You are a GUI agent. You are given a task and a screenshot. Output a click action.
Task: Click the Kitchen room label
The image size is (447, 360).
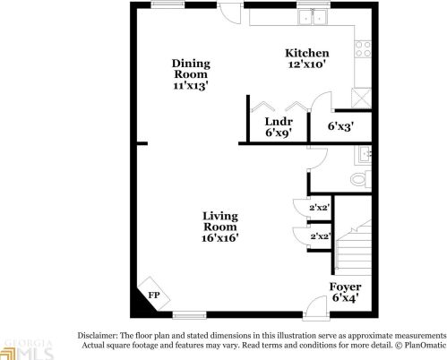pyautogui.click(x=307, y=53)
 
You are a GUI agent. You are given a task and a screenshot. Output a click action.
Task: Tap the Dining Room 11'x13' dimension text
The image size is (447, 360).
pyautogui.click(x=191, y=86)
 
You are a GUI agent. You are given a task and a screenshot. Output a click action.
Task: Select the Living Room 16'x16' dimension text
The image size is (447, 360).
pyautogui.click(x=220, y=238)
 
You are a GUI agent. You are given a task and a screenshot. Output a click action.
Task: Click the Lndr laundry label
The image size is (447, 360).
pyautogui.click(x=279, y=122)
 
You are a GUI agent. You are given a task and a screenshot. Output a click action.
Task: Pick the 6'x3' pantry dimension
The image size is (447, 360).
pyautogui.click(x=340, y=126)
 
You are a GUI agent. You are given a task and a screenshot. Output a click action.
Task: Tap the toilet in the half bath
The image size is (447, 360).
pyautogui.click(x=360, y=179)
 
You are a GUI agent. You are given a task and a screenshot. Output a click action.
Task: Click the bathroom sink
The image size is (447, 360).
pyautogui.click(x=363, y=155)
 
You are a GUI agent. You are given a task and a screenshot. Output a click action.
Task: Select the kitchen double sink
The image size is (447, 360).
pyautogui.click(x=313, y=16)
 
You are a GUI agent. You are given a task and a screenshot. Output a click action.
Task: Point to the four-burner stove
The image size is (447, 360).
pyautogui.click(x=363, y=49)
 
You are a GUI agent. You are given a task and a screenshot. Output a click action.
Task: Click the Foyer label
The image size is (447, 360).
pyautogui.click(x=346, y=287)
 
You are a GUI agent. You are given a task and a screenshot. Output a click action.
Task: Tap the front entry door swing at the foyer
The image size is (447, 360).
pyautogui.click(x=316, y=307)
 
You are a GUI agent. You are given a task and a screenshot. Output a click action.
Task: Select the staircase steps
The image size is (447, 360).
pyautogui.click(x=354, y=248)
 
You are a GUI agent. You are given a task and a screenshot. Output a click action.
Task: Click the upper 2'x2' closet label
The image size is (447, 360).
pyautogui.click(x=319, y=208)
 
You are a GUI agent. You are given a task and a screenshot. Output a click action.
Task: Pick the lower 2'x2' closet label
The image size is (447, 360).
pyautogui.click(x=320, y=236)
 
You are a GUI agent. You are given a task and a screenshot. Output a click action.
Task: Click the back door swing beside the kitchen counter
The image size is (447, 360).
pyautogui.click(x=229, y=13)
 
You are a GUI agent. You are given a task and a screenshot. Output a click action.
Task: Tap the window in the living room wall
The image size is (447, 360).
pyautogui.click(x=189, y=315)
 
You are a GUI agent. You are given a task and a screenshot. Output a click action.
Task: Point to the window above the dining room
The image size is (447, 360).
pyautogui.click(x=168, y=5)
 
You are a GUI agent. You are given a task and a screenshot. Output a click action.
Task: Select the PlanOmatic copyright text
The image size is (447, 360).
pyautogui.click(x=421, y=345)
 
